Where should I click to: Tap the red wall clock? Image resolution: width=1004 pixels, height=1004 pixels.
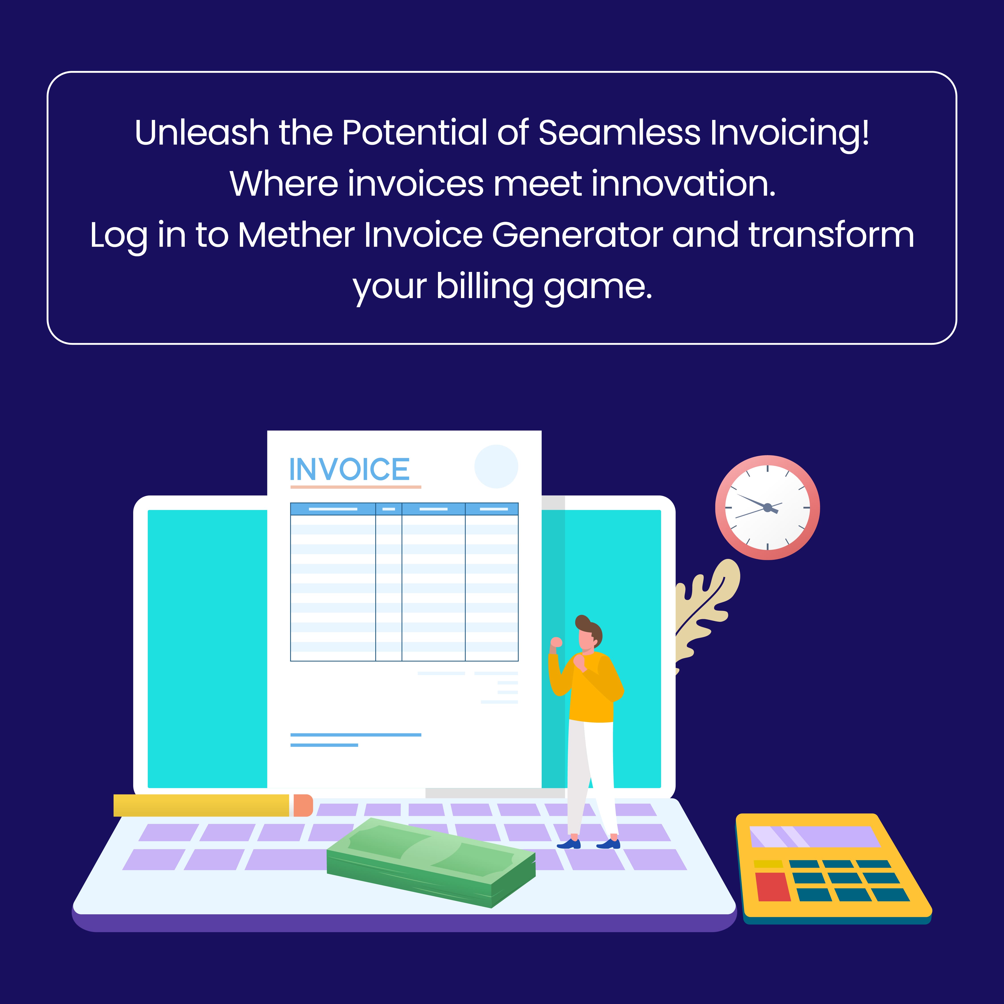pyautogui.click(x=768, y=507)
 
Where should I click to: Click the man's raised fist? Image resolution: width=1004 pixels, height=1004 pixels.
pyautogui.click(x=556, y=642)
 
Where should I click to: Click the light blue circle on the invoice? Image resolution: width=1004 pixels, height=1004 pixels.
pyautogui.click(x=496, y=466)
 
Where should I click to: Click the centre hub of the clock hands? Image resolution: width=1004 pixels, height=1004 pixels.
pyautogui.click(x=768, y=507)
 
